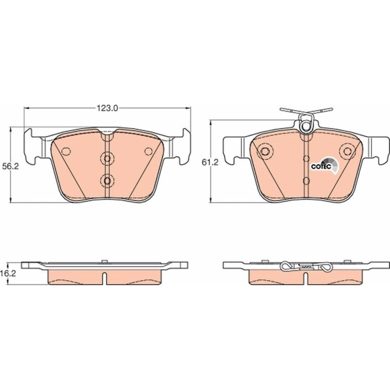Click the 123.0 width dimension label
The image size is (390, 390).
point(107,108)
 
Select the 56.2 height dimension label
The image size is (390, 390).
point(11,167)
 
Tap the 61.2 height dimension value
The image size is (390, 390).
point(210,162)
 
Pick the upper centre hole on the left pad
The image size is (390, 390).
point(107,158)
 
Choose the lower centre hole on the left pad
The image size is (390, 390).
point(107,181)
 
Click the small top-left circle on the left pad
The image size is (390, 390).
point(66,151)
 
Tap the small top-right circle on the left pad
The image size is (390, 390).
point(149,151)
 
